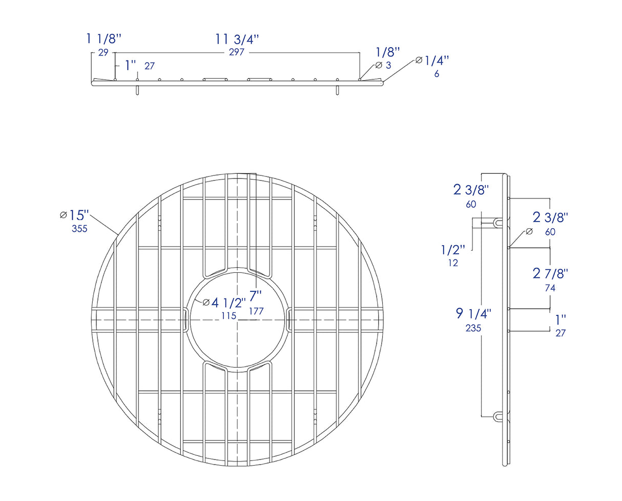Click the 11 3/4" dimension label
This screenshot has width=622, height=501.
click(237, 39)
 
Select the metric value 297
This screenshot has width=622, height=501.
click(236, 52)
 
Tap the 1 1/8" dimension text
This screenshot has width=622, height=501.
click(103, 38)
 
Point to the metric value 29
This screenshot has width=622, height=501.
click(103, 52)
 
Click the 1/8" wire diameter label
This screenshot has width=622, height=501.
click(387, 52)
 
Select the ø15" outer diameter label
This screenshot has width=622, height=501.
click(75, 215)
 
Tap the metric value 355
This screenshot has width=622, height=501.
click(79, 229)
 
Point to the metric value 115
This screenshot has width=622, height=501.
click(229, 315)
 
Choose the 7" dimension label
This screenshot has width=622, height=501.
click(255, 296)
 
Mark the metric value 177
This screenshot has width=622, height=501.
click(256, 311)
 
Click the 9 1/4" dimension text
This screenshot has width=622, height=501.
click(474, 313)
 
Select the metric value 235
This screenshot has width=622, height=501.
click(473, 328)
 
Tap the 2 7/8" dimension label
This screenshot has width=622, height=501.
click(550, 273)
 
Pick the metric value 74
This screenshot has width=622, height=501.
click(550, 288)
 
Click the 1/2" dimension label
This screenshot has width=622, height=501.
click(453, 250)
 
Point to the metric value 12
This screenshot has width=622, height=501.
click(452, 263)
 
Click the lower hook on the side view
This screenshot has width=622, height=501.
click(499, 416)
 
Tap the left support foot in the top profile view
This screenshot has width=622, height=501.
click(137, 90)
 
